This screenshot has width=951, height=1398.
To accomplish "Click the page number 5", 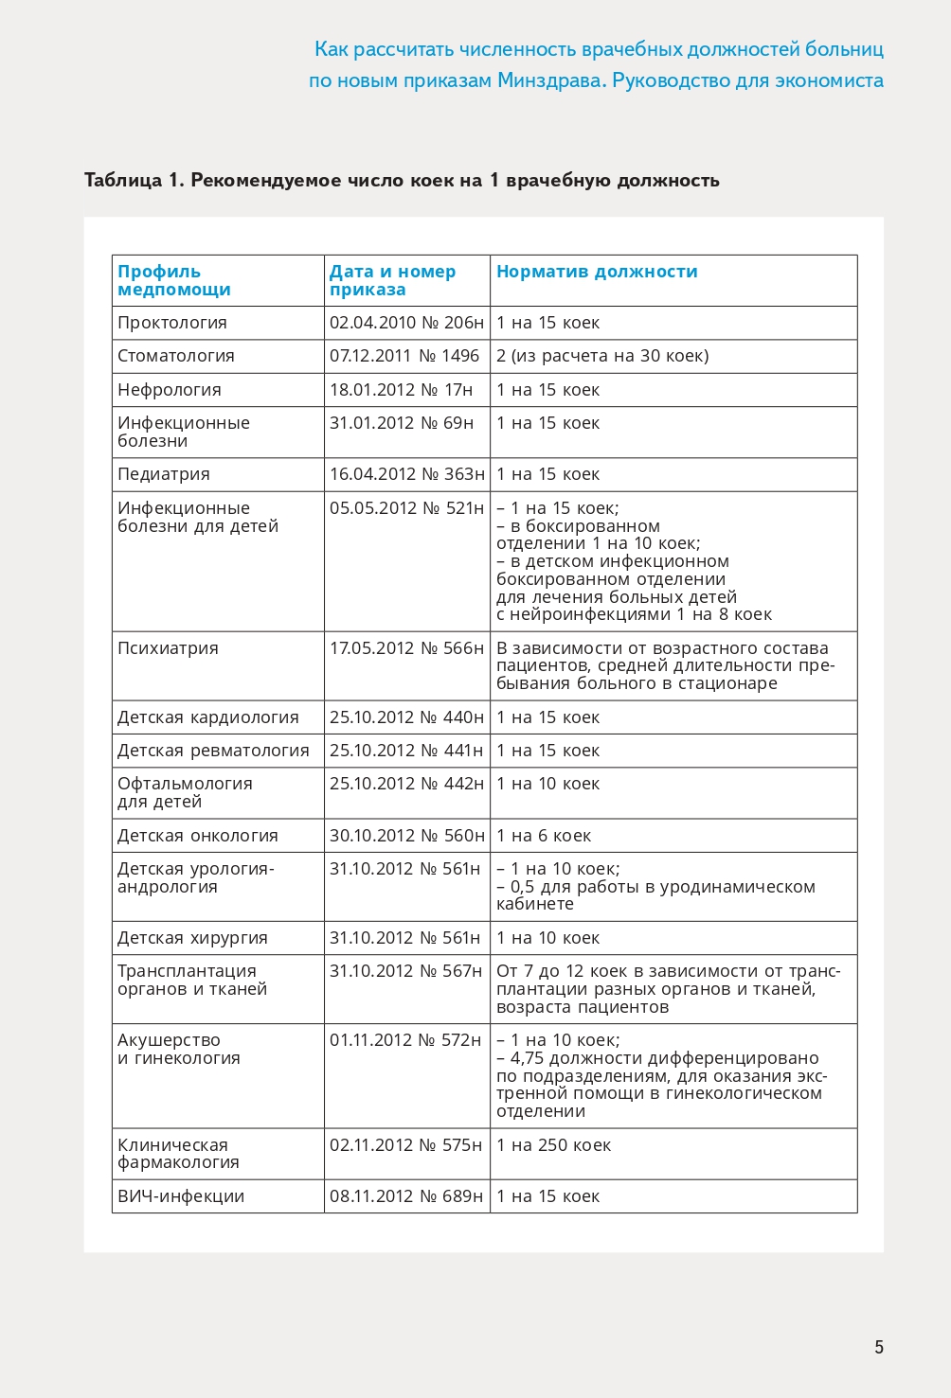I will point(879,1347).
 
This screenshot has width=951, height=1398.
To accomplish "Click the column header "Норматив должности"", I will point(597,272).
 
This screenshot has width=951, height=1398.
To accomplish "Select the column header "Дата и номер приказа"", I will point(392,280).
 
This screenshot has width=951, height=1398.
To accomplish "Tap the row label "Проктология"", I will point(172,323).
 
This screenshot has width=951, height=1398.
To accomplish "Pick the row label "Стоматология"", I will point(176,356).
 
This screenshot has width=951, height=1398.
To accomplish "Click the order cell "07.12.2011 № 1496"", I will point(404,356).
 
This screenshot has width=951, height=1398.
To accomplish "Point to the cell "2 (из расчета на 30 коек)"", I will point(602,356).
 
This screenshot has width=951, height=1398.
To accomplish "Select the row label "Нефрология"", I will point(170,390).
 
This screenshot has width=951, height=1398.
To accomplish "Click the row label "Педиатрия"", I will point(164,474).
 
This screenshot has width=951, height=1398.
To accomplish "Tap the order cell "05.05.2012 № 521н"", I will point(406,508).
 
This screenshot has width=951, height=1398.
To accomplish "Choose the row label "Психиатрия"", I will point(168,648).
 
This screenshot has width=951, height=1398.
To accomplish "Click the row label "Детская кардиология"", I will point(208,717).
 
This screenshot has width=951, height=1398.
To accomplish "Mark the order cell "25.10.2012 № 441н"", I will point(406,751).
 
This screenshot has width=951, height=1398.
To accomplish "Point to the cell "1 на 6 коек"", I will point(544,836).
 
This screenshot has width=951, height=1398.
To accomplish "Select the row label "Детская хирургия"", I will point(192,938).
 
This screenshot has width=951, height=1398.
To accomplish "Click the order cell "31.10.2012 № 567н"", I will point(406,971).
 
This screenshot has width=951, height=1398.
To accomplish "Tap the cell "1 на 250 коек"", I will point(554,1145).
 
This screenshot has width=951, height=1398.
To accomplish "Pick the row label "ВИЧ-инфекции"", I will point(181,1196).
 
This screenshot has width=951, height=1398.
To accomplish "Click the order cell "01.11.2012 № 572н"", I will point(406,1040).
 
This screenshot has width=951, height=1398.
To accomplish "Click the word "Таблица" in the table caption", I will point(123,180).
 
